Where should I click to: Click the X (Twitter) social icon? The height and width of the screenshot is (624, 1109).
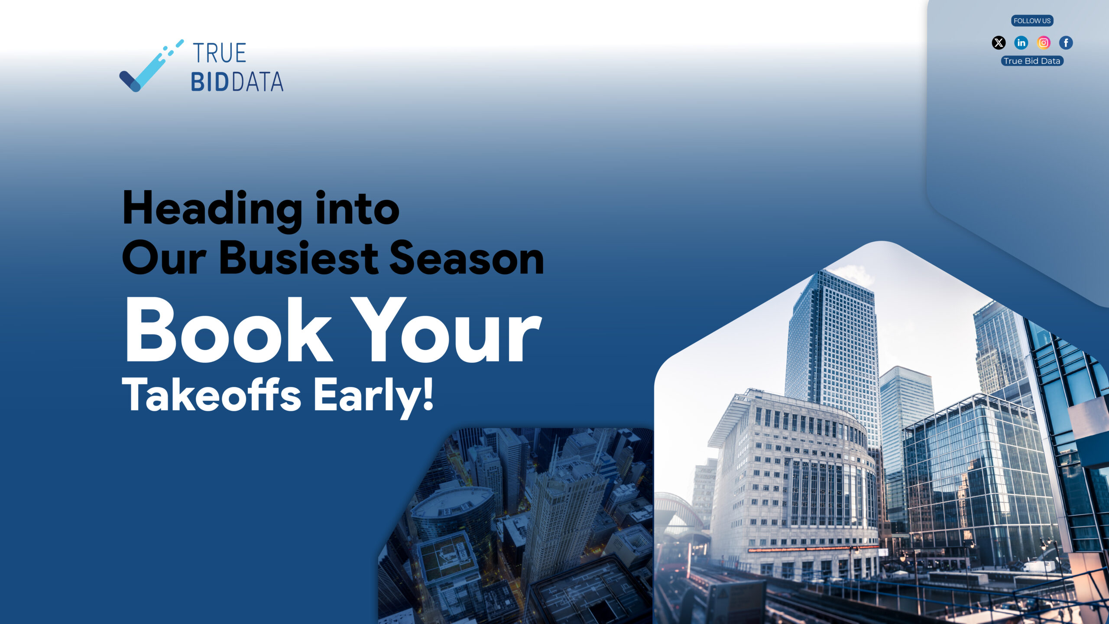999,42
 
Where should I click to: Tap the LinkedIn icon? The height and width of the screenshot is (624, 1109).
1021,42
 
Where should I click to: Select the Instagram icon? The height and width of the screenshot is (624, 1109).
1044,42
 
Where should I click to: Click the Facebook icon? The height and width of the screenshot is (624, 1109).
1066,42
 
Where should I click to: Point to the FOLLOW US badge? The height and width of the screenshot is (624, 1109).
1032,21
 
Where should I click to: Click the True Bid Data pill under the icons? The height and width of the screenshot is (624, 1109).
1032,61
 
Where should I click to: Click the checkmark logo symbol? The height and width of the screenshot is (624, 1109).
151,66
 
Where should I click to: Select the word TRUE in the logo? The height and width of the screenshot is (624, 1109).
220,53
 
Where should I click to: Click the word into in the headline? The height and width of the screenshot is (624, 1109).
357,208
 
